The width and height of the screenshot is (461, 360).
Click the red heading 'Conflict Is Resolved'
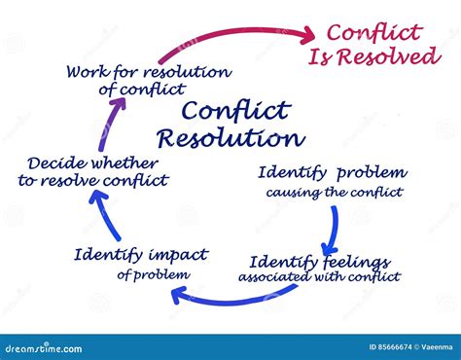374,44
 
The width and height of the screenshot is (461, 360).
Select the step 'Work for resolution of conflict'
148,81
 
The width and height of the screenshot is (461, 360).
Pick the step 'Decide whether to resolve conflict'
93,171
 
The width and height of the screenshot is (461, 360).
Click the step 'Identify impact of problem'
140,263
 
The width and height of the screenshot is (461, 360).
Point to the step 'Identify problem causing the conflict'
331,181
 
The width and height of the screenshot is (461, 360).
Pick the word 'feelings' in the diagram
356,262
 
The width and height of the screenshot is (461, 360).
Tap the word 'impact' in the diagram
177,255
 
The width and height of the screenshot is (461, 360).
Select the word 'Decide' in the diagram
56,162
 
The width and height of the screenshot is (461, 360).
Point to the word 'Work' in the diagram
89,71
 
